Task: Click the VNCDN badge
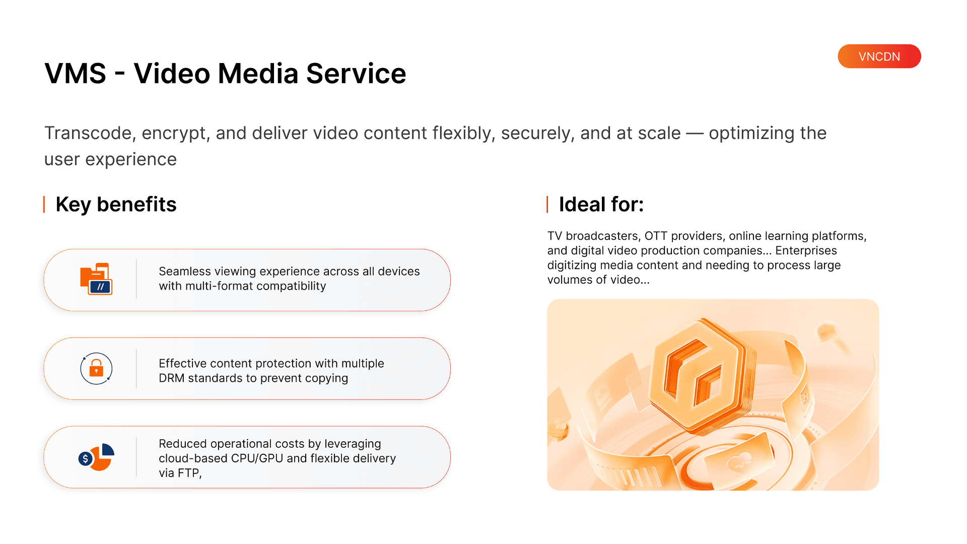879,56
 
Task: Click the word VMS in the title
76,74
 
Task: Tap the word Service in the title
356,74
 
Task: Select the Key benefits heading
116,205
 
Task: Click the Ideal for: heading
601,205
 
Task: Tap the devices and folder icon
96,279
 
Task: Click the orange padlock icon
96,369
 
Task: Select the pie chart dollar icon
96,457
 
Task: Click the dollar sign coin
86,458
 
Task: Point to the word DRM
172,378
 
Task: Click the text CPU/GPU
257,458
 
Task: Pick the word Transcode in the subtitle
89,133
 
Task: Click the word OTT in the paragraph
656,236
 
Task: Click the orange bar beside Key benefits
44,205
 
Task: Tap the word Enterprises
806,251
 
